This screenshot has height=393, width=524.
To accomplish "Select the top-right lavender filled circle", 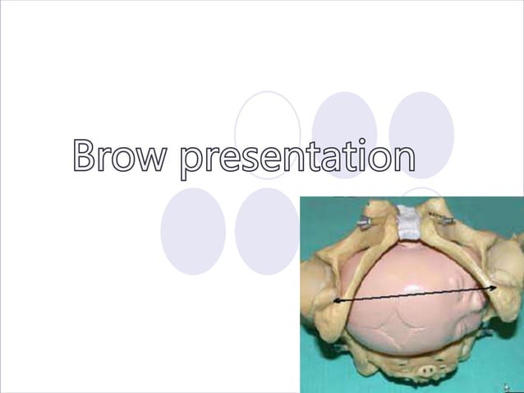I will pyautogui.click(x=421, y=123).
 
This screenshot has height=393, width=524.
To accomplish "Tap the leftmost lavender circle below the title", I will pyautogui.click(x=193, y=231).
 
